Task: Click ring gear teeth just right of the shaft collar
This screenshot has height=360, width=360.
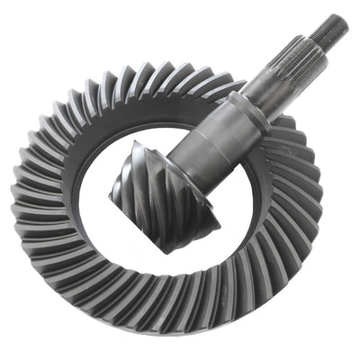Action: (x=279, y=117)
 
